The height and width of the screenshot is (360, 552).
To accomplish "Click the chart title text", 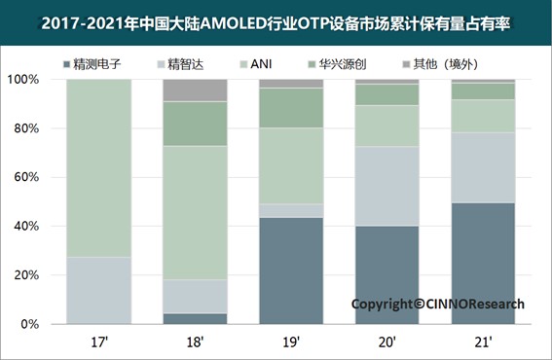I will pyautogui.click(x=276, y=19).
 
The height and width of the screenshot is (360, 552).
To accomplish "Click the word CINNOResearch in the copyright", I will pyautogui.click(x=473, y=304).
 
